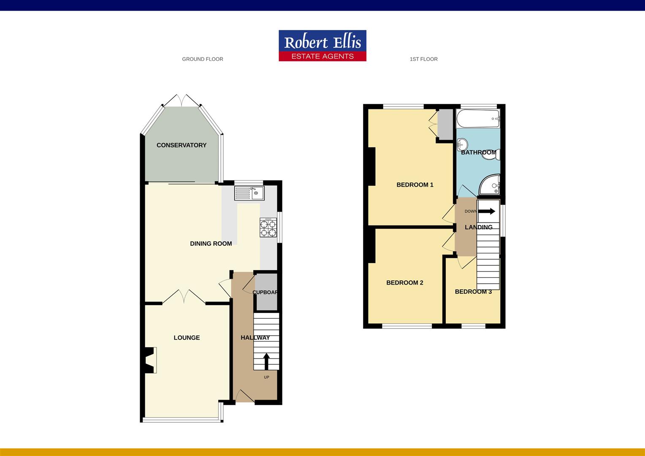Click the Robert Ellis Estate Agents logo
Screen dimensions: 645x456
[x=322, y=46]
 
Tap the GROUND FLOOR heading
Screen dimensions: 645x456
[x=203, y=59]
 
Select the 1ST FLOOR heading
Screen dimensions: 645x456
[x=423, y=59]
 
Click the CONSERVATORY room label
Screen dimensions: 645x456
[x=182, y=145]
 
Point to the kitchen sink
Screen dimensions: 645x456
[x=249, y=193]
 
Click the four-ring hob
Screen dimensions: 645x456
[x=268, y=227]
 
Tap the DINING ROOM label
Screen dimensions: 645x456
[x=211, y=244]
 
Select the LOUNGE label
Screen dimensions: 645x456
[x=187, y=338]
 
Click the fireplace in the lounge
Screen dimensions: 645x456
[x=150, y=360]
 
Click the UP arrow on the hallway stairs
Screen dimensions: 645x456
[x=266, y=361]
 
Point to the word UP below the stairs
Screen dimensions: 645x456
[x=266, y=377]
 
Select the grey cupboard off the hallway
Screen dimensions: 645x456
[x=267, y=292]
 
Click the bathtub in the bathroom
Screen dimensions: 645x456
[x=478, y=118]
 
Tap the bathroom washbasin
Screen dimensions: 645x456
[x=463, y=144]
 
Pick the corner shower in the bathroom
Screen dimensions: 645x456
[x=490, y=185]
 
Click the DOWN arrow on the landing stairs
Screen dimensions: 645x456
[x=487, y=211]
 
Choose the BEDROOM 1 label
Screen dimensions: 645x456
[x=415, y=185]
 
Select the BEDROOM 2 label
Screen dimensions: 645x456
[x=404, y=282]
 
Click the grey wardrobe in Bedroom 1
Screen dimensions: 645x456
[x=445, y=125]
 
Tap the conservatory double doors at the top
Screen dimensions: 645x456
[x=182, y=100]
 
